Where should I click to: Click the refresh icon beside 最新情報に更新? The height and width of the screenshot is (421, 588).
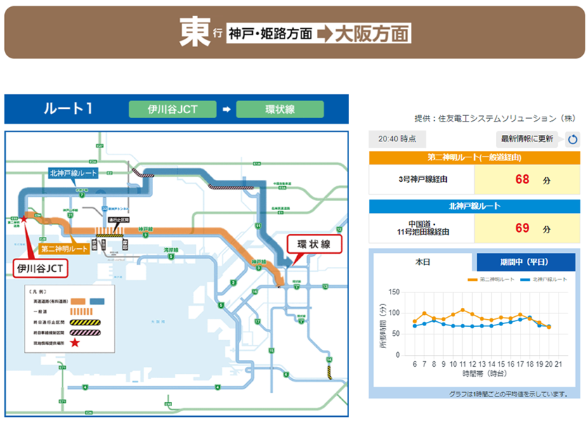tap(573, 139)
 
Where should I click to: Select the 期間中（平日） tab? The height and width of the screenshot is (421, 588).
tap(525, 262)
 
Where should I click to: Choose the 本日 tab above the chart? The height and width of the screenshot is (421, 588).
tap(422, 262)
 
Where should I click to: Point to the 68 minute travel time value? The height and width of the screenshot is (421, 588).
tap(522, 179)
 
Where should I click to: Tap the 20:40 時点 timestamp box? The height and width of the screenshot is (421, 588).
tap(397, 139)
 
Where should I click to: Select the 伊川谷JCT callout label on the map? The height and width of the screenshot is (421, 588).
tap(40, 267)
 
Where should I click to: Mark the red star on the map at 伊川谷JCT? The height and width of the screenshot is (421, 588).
tap(25, 219)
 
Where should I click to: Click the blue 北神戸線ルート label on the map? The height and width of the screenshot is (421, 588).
tap(73, 172)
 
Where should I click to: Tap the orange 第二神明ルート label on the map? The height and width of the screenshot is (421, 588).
tap(64, 249)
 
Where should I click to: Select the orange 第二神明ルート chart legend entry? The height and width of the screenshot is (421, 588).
tap(492, 280)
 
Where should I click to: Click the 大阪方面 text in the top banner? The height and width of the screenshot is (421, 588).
tap(372, 33)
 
